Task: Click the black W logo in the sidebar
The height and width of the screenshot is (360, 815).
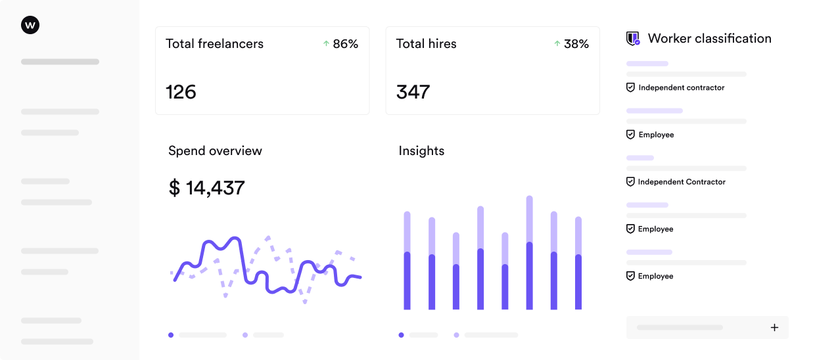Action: (x=30, y=25)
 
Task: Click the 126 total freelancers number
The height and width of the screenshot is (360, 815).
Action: (x=181, y=92)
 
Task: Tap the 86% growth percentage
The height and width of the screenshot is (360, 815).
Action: (x=345, y=44)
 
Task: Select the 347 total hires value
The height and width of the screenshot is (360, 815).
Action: (x=413, y=92)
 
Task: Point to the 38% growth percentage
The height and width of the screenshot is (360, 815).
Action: (x=576, y=44)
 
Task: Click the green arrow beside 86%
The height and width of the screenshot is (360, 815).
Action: (x=326, y=43)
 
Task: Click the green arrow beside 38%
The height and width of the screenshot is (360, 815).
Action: (x=557, y=43)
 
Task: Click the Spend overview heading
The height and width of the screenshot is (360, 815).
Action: (x=215, y=150)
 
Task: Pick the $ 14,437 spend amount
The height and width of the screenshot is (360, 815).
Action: (x=206, y=188)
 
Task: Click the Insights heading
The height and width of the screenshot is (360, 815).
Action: (x=421, y=150)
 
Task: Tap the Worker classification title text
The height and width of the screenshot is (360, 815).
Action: (x=709, y=38)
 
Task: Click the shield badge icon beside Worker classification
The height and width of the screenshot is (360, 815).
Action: (x=633, y=39)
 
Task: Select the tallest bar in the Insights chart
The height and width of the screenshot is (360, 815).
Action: (x=529, y=253)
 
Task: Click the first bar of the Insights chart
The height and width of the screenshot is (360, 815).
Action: (x=407, y=261)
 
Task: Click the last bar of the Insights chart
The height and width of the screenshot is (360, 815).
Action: (x=578, y=263)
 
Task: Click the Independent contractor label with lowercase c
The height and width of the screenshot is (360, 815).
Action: (x=681, y=87)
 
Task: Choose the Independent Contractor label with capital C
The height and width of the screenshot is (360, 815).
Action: (x=682, y=182)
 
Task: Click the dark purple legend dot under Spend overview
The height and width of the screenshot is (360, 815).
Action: (x=171, y=335)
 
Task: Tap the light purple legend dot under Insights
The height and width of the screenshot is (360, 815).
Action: (x=456, y=335)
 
